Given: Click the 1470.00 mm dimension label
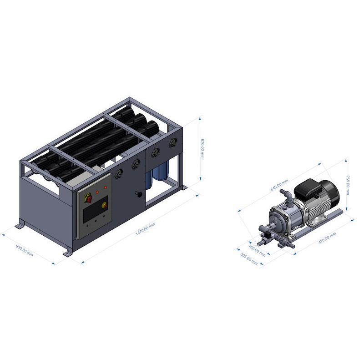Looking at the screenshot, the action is [x=145, y=229].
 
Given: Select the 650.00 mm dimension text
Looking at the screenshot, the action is [x=25, y=250].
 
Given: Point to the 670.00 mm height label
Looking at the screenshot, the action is [x=202, y=149].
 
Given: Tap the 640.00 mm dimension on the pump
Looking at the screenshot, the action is [x=279, y=185].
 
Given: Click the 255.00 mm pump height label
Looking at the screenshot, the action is [x=348, y=185].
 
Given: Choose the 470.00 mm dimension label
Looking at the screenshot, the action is [x=327, y=238].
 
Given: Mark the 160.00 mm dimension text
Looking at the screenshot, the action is [x=257, y=251].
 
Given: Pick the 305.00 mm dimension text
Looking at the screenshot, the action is [x=249, y=259].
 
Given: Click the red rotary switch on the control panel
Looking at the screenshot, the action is [x=89, y=198].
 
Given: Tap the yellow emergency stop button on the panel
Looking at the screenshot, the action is [x=104, y=205].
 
